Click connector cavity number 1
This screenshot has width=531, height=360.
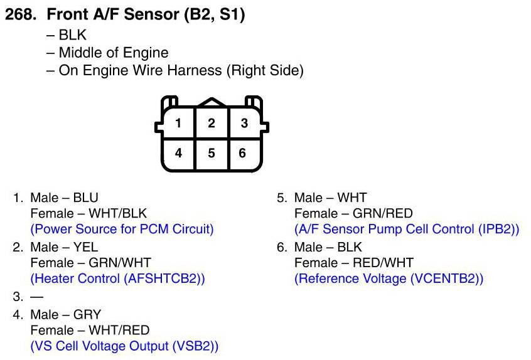(x=178, y=123)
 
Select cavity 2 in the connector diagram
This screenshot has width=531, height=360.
(x=212, y=123)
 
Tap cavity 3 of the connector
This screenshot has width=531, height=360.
(x=244, y=123)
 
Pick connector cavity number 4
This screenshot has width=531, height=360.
(x=178, y=152)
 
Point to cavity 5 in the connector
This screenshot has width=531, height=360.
(x=212, y=152)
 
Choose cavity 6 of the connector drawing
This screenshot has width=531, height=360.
(x=243, y=152)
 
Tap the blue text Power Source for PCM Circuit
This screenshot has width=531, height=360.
(x=122, y=229)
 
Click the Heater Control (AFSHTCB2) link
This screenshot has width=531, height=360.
(x=117, y=278)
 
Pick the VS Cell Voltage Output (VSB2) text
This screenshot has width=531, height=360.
(x=124, y=346)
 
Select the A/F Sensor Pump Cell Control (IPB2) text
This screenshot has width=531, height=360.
(x=407, y=229)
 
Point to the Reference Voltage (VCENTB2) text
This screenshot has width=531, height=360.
(x=389, y=278)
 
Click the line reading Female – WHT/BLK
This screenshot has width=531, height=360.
(x=88, y=213)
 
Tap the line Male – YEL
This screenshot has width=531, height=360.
(x=64, y=247)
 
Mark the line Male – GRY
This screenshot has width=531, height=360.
(x=65, y=314)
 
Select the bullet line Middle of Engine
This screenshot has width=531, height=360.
(x=107, y=53)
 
